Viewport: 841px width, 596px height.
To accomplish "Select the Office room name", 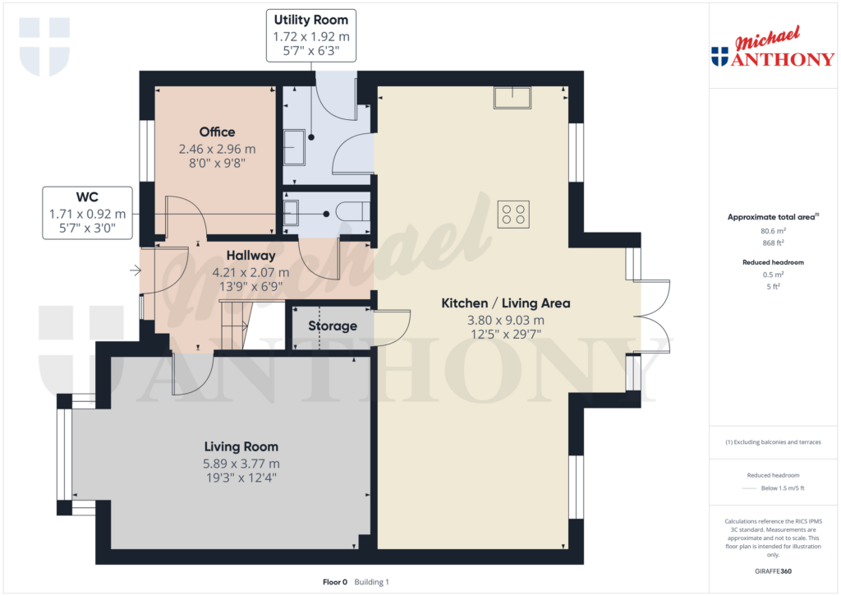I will click(x=217, y=132).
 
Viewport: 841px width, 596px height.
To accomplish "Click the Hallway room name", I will click(x=250, y=256).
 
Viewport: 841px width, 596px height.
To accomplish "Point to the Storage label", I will click(x=333, y=326).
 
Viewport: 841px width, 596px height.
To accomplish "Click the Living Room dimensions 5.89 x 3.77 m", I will click(x=241, y=463).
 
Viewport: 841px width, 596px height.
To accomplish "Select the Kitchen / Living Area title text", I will click(x=505, y=303).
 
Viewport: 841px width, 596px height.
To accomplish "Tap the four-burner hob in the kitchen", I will click(x=513, y=214).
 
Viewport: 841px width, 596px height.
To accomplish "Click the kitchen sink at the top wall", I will click(x=512, y=97).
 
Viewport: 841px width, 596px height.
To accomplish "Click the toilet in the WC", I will click(x=353, y=212).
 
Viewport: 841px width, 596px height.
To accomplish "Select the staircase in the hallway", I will click(x=233, y=325).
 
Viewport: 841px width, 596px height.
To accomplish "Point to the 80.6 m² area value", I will click(x=772, y=232).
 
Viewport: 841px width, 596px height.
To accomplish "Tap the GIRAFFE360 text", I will click(x=772, y=571).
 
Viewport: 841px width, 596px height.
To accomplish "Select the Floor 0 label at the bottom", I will click(x=335, y=582).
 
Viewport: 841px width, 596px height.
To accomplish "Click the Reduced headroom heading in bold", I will click(x=772, y=262).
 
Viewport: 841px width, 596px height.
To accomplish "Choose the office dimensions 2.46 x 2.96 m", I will click(x=217, y=150).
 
